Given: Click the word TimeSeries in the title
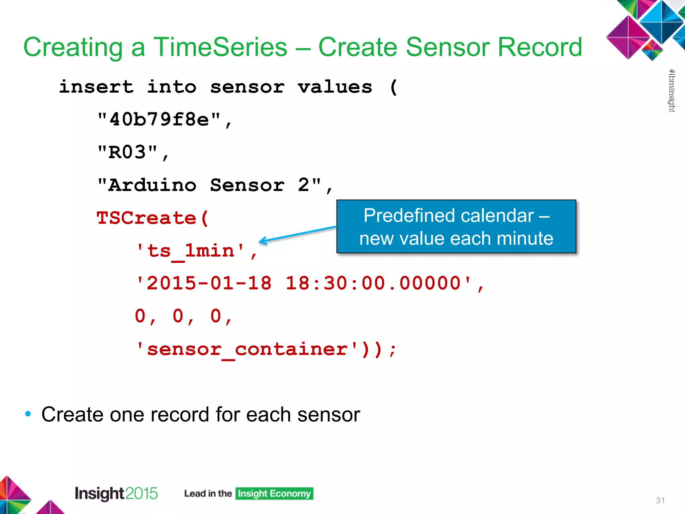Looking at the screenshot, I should click(x=220, y=47).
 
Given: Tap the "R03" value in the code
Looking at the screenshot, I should click(x=127, y=152).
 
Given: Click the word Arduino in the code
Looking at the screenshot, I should click(x=152, y=185).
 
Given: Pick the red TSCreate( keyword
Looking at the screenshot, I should click(x=153, y=218).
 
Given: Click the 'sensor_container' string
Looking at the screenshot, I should click(x=247, y=349).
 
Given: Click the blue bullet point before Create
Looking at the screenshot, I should click(x=28, y=414).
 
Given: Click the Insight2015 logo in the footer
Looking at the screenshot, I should click(x=116, y=493).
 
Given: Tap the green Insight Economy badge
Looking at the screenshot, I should click(x=274, y=494).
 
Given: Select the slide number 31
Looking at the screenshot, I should click(x=660, y=500).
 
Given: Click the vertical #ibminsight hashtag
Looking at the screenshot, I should click(x=672, y=90).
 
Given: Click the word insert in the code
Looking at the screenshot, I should click(x=96, y=87).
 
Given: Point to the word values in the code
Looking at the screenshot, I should click(x=335, y=87).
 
